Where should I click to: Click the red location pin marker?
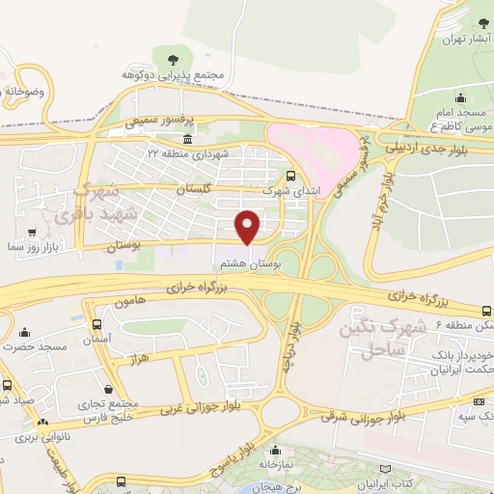pyautogui.click(x=249, y=227)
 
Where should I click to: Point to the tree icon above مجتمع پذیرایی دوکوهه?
pyautogui.click(x=173, y=58)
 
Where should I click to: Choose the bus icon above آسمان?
pyautogui.click(x=96, y=324)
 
